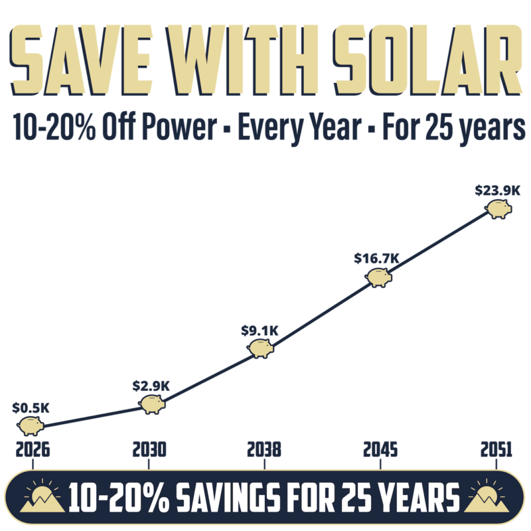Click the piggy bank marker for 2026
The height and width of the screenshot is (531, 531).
click(31, 425)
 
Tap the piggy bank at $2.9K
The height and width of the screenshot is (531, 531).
click(153, 403)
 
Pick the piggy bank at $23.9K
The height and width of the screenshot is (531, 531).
click(498, 209)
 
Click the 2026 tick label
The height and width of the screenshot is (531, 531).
click(31, 451)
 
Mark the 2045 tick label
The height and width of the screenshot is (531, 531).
click(380, 451)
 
